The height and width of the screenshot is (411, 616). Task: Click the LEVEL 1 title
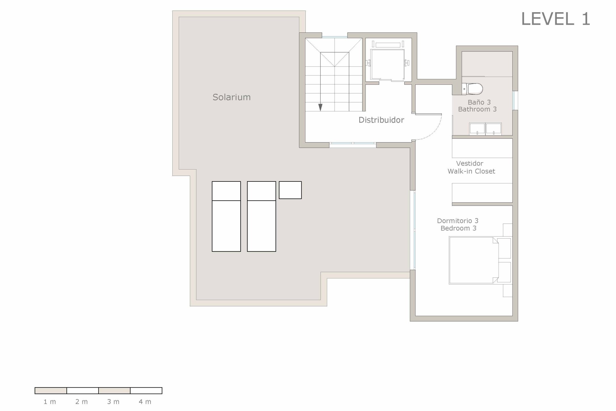(556, 19)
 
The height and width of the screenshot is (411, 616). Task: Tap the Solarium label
(232, 97)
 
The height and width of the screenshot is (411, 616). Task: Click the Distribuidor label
(381, 120)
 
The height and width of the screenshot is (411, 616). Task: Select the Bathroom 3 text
(477, 109)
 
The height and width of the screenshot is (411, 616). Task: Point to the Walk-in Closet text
(471, 171)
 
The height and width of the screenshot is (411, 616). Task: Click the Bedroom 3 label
(458, 228)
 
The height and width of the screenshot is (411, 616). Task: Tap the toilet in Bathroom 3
(472, 89)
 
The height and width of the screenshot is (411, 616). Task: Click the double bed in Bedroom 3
(474, 260)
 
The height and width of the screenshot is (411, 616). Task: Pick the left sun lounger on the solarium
(226, 216)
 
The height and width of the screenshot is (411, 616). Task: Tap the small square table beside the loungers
(290, 190)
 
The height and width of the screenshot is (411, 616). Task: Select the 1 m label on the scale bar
(50, 402)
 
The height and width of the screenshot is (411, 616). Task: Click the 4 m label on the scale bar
(145, 402)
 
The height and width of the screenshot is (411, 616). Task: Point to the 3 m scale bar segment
(115, 390)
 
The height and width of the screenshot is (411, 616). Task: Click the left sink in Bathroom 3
(477, 129)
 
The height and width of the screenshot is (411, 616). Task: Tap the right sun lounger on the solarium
(261, 216)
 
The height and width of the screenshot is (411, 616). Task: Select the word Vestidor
(470, 163)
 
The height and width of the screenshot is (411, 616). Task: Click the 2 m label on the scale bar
(81, 402)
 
